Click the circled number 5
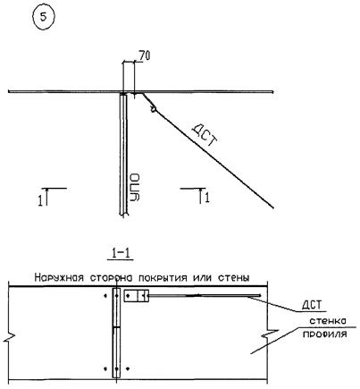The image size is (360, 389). (44, 17)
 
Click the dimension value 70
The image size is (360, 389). (144, 55)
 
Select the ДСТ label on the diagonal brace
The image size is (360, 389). (205, 135)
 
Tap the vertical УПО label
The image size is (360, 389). (135, 187)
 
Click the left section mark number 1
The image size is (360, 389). (40, 200)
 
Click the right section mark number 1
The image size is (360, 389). (207, 198)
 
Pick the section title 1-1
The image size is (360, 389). (120, 254)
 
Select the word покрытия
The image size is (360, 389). (163, 278)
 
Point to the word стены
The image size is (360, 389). (234, 278)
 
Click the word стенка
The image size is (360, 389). (328, 321)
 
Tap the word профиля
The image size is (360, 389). (325, 334)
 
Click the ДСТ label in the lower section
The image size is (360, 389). (312, 305)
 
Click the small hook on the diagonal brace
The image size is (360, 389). (153, 109)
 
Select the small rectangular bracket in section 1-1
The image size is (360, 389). (137, 296)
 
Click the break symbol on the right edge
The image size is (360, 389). (268, 334)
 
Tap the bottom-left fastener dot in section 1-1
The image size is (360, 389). (105, 368)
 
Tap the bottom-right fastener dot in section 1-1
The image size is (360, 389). (128, 368)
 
